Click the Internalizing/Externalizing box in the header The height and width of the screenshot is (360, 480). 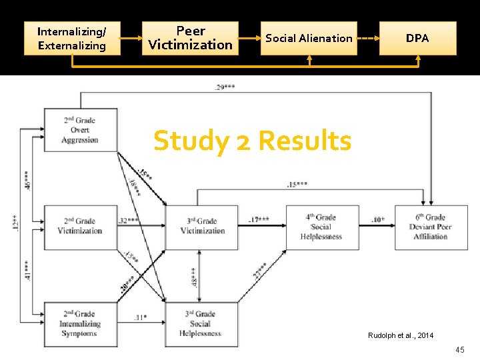[x=72, y=38]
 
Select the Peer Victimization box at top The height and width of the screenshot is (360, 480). [x=191, y=38]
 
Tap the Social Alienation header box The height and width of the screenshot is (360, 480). [x=309, y=38]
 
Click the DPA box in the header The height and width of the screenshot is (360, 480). [x=417, y=38]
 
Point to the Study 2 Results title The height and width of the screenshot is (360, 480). [x=252, y=141]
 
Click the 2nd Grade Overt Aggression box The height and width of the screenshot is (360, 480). [x=80, y=130]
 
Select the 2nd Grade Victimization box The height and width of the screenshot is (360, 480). [x=80, y=227]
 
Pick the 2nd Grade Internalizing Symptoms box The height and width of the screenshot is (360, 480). [x=80, y=323]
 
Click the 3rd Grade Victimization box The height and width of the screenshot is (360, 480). [x=202, y=227]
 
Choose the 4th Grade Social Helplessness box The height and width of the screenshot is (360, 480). [x=321, y=227]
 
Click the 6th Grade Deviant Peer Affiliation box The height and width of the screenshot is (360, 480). [x=431, y=227]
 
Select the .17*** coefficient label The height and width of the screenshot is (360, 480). [x=259, y=219]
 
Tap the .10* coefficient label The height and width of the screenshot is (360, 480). [x=377, y=219]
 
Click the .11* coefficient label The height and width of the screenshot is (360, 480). [x=140, y=317]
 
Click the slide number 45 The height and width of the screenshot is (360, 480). [x=459, y=350]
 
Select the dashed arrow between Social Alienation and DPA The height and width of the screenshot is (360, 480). [x=368, y=38]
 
